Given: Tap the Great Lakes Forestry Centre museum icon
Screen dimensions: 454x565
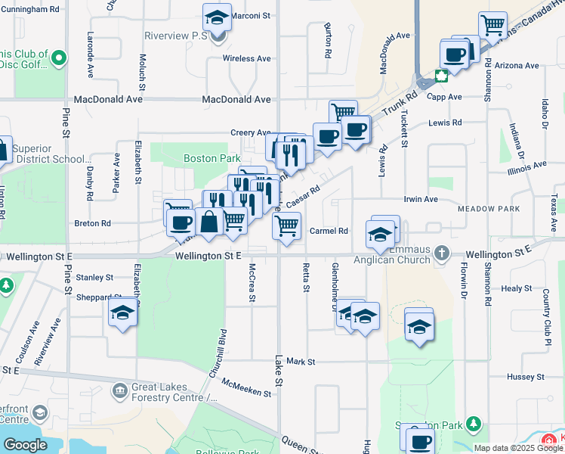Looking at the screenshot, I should [120, 390].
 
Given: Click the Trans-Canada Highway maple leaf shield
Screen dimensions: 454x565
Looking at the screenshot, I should [440, 76].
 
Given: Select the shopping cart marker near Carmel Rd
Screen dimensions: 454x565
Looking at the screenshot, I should [286, 225].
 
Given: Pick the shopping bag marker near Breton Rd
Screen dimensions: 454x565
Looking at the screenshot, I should [209, 222].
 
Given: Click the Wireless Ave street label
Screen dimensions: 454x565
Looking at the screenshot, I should [246, 58].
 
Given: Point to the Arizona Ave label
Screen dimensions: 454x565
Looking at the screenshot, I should [517, 66].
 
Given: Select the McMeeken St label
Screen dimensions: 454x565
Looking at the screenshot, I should [246, 388].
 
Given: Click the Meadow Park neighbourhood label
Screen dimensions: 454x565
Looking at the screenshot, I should [488, 208].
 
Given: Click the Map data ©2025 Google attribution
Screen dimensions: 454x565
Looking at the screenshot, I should [518, 448].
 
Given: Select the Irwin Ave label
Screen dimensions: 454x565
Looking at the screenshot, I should [421, 199].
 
